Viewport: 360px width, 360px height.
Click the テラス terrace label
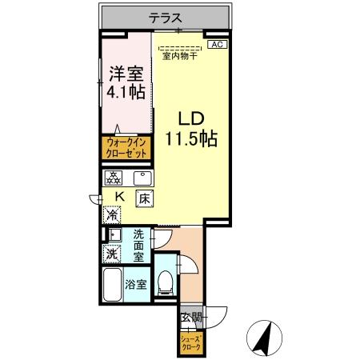[x=166, y=18]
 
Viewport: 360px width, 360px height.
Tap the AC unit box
[x=217, y=46]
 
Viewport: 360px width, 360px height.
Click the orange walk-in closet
[x=125, y=147]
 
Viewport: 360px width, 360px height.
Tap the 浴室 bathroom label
[x=135, y=283]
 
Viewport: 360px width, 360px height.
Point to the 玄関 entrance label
[x=190, y=318]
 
